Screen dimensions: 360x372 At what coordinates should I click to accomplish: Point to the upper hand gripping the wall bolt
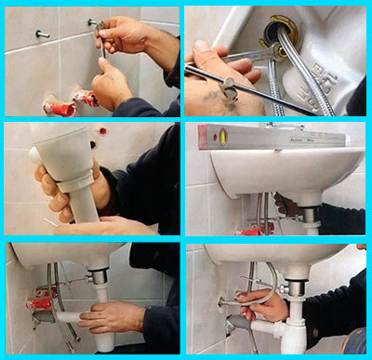126,35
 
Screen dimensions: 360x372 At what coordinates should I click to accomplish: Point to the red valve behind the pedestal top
102,131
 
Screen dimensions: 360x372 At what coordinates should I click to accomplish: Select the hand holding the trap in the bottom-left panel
112,316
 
